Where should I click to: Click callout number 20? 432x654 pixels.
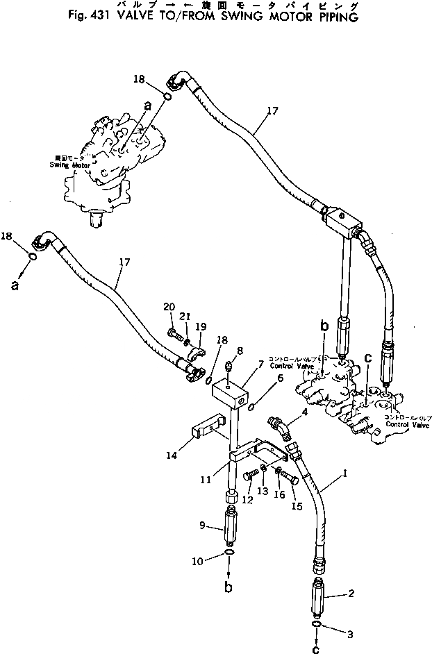169,306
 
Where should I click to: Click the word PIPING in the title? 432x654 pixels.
337,17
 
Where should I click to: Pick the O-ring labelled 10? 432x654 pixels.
230,554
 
